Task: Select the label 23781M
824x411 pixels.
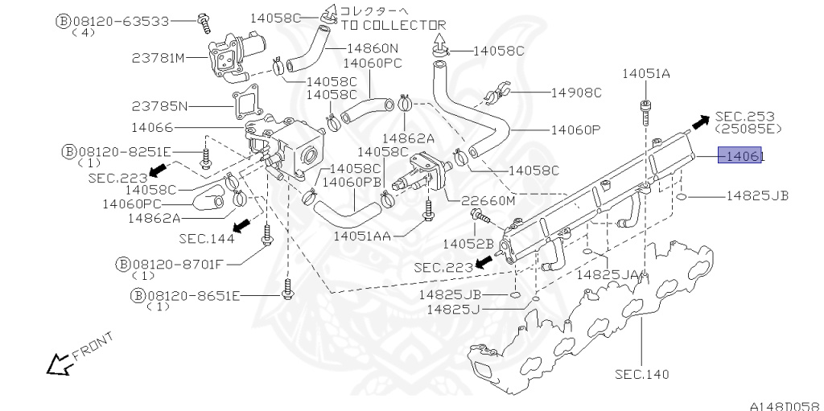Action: pos(158,57)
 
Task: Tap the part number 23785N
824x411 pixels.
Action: pos(159,105)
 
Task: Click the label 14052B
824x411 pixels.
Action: pos(468,243)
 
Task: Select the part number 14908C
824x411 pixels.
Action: pos(576,92)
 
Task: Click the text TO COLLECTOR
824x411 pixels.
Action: pos(393,25)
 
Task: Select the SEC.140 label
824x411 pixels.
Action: pos(641,373)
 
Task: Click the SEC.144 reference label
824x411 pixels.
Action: pos(207,238)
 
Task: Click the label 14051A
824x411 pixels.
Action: pos(645,74)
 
